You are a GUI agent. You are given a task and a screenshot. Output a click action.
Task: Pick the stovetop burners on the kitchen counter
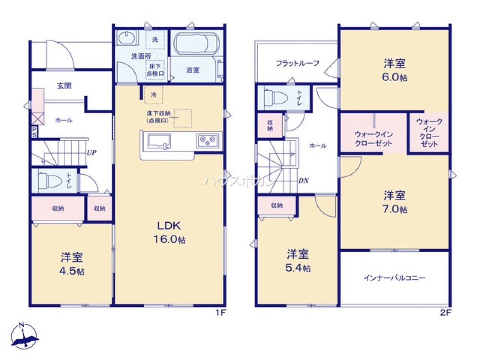pos(207,141)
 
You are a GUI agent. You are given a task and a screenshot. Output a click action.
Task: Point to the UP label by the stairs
pos(91,152)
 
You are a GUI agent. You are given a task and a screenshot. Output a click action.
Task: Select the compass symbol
pos(24,336)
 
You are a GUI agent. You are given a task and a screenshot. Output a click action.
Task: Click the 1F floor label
pos(220,313)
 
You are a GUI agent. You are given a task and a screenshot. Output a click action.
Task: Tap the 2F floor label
pos(445,313)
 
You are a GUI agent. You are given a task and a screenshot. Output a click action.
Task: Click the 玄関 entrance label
pos(64,86)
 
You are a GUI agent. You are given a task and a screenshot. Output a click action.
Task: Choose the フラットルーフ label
pos(298,63)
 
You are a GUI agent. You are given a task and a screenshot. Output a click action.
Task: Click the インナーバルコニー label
pos(395,278)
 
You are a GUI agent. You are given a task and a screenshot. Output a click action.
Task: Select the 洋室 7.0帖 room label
pos(395,202)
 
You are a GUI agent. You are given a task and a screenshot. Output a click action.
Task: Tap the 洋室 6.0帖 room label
pos(395,70)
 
